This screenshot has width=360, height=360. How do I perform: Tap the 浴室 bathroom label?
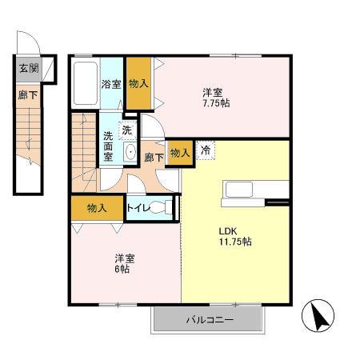click(110, 83)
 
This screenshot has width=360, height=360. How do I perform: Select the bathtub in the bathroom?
click(85, 83)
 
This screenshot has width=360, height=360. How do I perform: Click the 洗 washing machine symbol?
click(127, 130)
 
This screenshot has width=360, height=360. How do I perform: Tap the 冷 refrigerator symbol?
click(206, 149)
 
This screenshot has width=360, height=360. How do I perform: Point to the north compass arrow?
click(321, 318)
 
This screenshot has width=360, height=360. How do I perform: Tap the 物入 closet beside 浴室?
click(138, 83)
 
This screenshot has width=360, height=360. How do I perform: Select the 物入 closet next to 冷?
click(180, 152)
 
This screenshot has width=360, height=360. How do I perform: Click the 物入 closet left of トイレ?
click(96, 208)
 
